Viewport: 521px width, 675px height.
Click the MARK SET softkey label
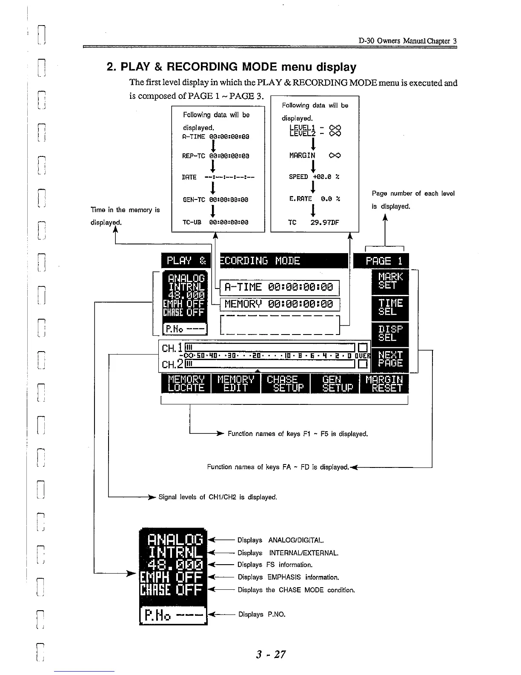point(390,282)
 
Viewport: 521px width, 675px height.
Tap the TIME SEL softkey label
point(390,308)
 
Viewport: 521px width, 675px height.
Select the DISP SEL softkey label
point(390,334)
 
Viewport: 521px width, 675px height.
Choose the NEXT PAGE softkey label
point(390,359)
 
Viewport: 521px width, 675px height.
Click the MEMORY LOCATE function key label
point(186,384)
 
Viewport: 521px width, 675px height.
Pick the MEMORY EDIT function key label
point(235,384)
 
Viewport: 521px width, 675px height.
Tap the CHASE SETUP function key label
point(285,384)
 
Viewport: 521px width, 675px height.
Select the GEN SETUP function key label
point(335,384)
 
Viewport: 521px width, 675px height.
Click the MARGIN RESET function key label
point(384,384)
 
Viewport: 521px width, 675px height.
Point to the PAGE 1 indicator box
point(381,261)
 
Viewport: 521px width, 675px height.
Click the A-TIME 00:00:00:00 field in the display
point(280,288)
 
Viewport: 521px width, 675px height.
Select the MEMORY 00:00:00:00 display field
point(280,304)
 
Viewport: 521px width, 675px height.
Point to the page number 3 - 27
point(271,654)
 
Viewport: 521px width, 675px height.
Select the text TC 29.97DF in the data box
point(313,222)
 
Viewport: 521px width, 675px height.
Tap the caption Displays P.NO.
point(261,614)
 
